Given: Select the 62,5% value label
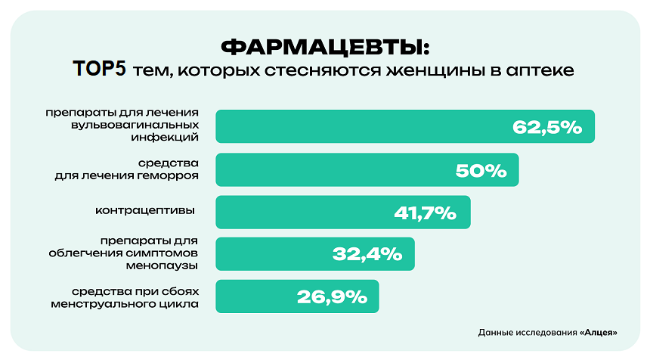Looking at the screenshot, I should pyautogui.click(x=547, y=127).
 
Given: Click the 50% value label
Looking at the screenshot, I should pyautogui.click(x=481, y=171).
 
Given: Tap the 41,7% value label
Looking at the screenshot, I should pyautogui.click(x=426, y=213).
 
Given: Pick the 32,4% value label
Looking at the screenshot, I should pyautogui.click(x=367, y=255).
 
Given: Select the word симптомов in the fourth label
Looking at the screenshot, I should pyautogui.click(x=166, y=253).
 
